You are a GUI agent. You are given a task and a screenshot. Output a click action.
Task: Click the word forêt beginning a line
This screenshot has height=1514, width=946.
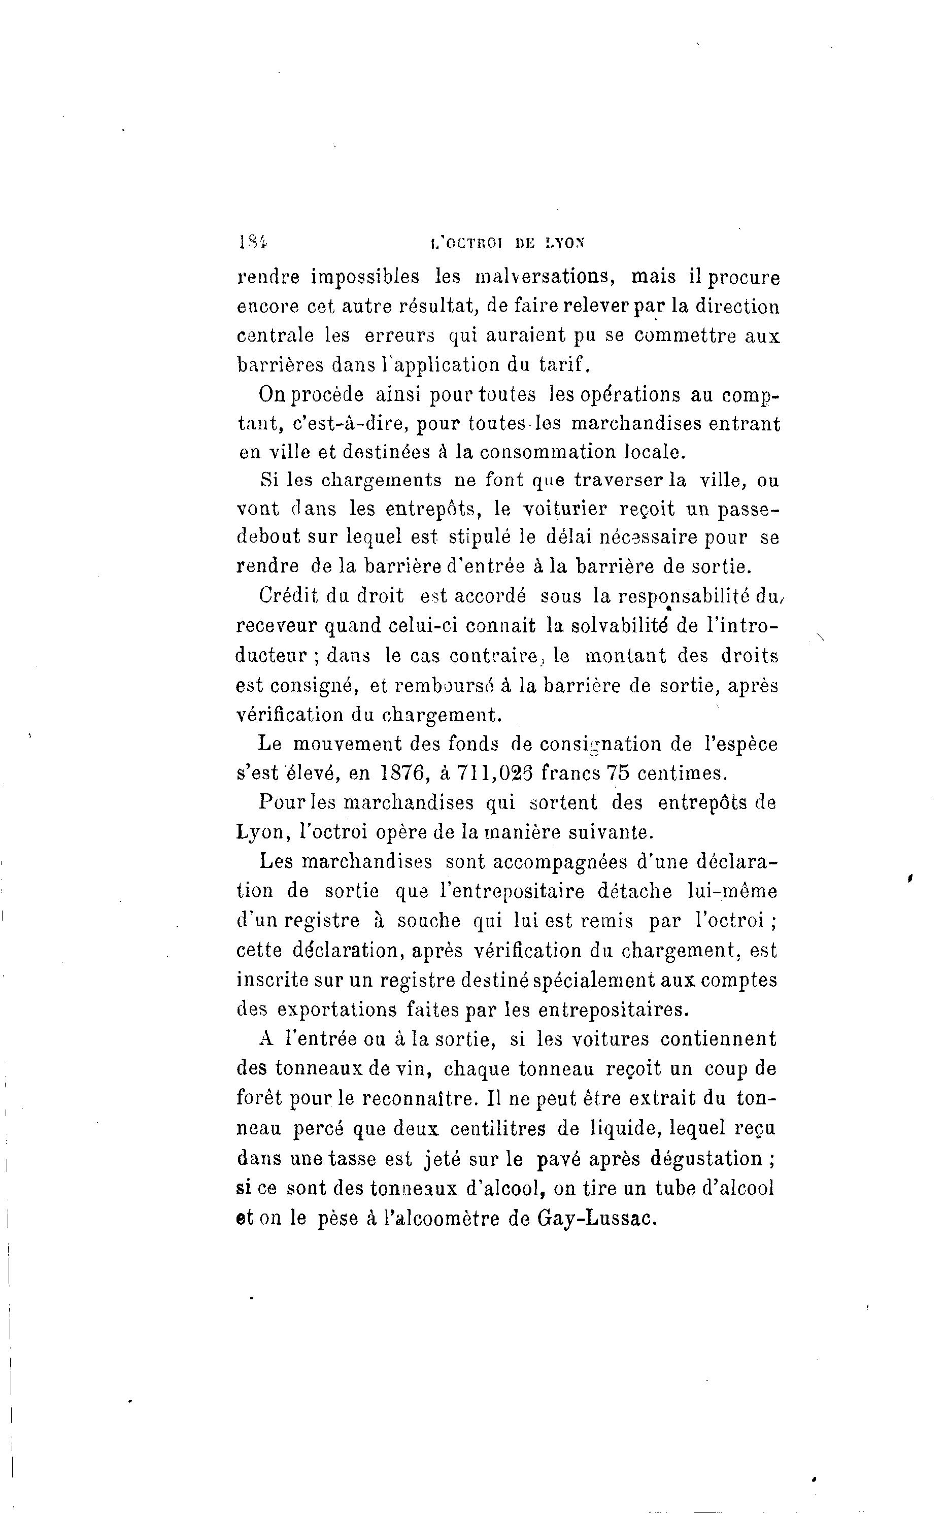(259, 1099)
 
